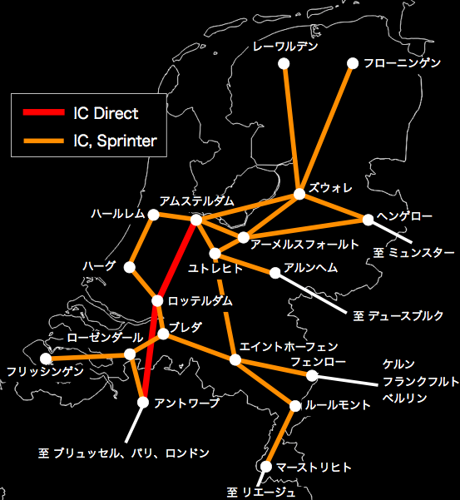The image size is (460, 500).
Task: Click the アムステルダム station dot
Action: tap(196, 220)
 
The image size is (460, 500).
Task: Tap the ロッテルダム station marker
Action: tap(157, 300)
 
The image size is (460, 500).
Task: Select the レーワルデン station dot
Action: tap(284, 63)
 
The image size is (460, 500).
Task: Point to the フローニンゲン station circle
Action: tap(352, 63)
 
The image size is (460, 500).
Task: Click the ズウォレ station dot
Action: tap(299, 195)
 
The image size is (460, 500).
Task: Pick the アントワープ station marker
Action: tap(143, 403)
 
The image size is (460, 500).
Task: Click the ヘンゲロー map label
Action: tap(404, 216)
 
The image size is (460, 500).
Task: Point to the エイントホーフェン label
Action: tap(288, 345)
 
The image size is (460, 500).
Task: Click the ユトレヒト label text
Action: tap(215, 269)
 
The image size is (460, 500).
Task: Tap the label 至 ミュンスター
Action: tap(414, 252)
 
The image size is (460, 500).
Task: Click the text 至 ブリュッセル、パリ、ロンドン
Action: tap(123, 453)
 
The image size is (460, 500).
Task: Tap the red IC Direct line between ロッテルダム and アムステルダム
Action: tap(177, 260)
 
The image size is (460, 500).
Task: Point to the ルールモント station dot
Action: tap(294, 406)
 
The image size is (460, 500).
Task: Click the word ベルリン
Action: tap(404, 399)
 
